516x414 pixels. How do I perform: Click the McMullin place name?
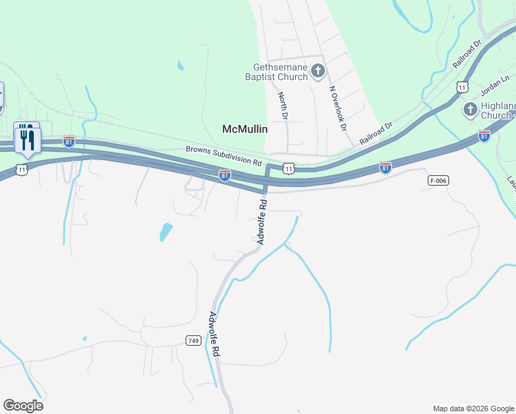point(244,128)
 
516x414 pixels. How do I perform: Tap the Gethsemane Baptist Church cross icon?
point(317,70)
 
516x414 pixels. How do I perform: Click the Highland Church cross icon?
point(470,109)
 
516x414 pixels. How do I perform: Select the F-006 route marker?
point(437,180)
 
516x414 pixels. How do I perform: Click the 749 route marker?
point(193,340)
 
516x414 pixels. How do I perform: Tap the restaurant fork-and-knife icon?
point(27,139)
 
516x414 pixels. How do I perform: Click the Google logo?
point(23,405)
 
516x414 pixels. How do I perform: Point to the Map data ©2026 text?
point(473,408)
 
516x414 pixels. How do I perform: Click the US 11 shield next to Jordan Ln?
point(462,87)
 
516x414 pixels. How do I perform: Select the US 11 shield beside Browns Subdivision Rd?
point(288,168)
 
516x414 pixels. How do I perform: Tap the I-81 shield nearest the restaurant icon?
point(68,141)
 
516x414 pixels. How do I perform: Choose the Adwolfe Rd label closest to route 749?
point(214,335)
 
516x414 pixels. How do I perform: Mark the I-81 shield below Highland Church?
point(484,136)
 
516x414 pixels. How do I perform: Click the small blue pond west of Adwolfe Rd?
point(166,231)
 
